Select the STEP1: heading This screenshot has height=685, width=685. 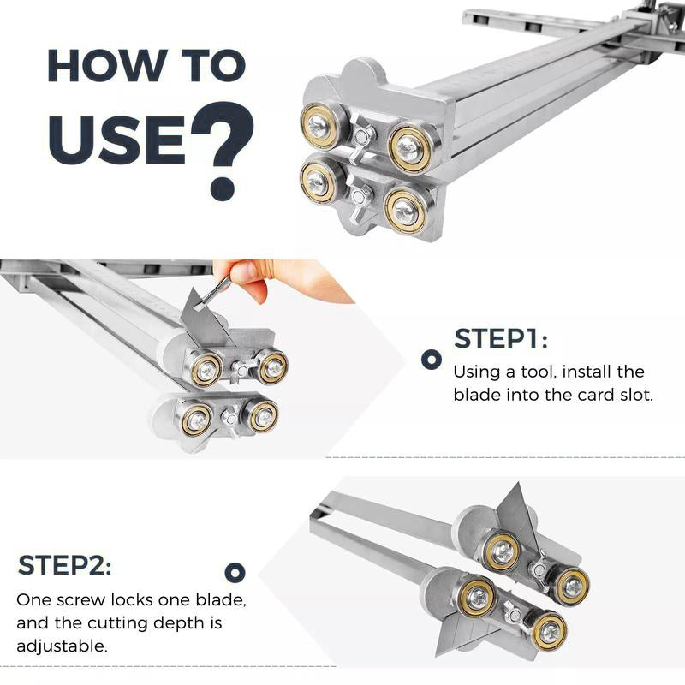pyautogui.click(x=501, y=339)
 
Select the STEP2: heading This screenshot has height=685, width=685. pyautogui.click(x=64, y=566)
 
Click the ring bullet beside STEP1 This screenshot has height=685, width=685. pyautogui.click(x=432, y=359)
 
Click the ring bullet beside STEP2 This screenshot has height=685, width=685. pyautogui.click(x=235, y=573)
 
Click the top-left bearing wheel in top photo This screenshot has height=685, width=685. pyautogui.click(x=320, y=126)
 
